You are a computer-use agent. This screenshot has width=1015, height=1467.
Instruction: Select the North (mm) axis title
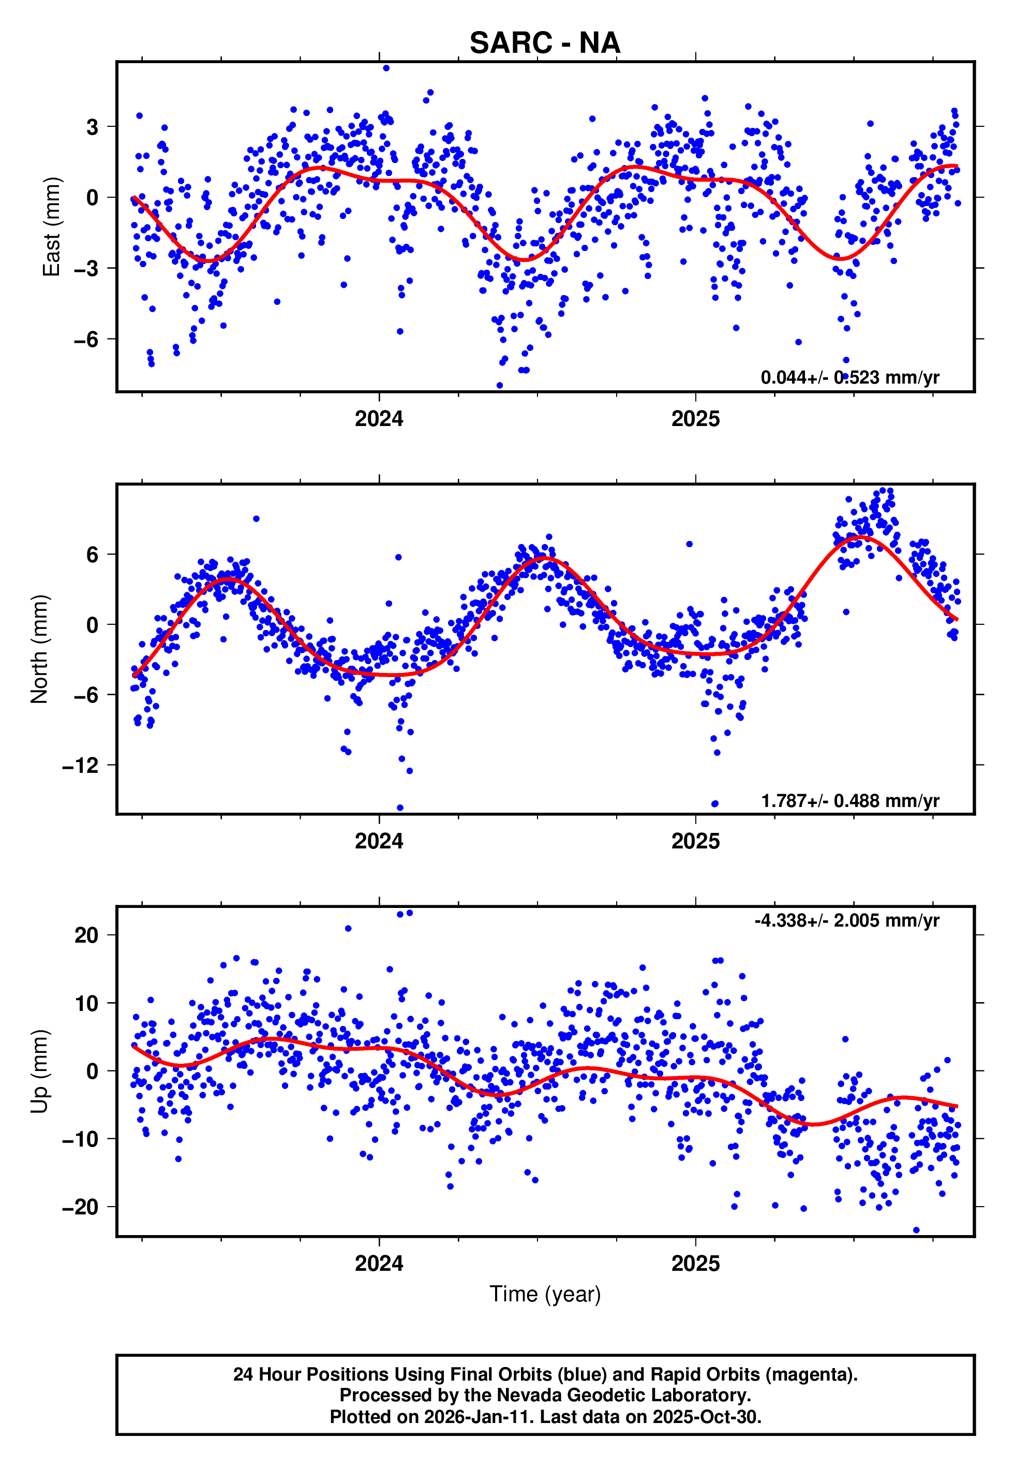pyautogui.click(x=39, y=649)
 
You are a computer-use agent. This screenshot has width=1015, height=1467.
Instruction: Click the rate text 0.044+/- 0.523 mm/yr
pyautogui.click(x=849, y=377)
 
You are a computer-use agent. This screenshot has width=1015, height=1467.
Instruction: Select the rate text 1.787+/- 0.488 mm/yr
pyautogui.click(x=849, y=800)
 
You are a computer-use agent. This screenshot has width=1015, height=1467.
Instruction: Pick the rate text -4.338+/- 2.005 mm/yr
pyautogui.click(x=846, y=920)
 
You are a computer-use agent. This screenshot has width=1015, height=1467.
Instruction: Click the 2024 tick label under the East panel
pyautogui.click(x=379, y=419)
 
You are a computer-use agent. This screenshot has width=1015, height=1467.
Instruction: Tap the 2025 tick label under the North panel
pyautogui.click(x=695, y=841)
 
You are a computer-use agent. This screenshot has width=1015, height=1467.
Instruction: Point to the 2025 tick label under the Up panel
pyautogui.click(x=695, y=1263)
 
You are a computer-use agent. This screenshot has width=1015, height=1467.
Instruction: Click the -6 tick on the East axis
pyautogui.click(x=86, y=339)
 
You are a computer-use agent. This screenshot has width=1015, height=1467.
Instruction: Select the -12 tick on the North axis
pyautogui.click(x=81, y=765)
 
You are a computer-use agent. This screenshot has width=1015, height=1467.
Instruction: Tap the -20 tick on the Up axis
pyautogui.click(x=81, y=1207)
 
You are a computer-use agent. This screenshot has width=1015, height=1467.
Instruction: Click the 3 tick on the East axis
pyautogui.click(x=93, y=127)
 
